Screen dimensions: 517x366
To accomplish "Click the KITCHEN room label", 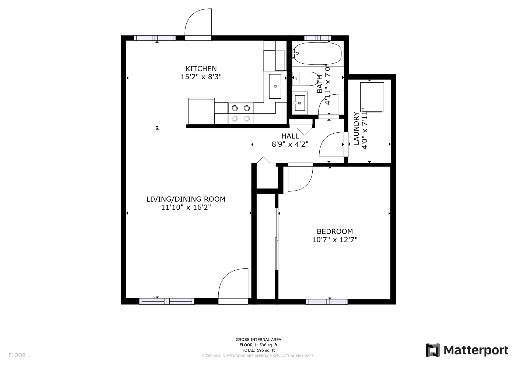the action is coord(201,69).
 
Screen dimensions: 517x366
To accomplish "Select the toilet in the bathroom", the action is coord(305,79).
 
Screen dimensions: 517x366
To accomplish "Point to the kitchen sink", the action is coord(275,86).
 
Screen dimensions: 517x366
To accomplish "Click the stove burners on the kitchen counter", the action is coord(241,113).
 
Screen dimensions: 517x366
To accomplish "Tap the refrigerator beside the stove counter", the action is coord(201,111).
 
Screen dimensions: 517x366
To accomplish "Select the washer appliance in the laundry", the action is coord(372,97).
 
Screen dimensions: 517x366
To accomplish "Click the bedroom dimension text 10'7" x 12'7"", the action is coord(335,240).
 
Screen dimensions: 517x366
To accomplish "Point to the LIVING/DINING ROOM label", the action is coord(186,199).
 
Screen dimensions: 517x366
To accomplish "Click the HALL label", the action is coord(290,136).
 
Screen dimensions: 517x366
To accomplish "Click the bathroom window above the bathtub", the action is coord(318,38).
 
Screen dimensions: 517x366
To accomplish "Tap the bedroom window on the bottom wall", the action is coord(327,302).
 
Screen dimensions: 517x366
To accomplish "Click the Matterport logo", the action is coord(467,350).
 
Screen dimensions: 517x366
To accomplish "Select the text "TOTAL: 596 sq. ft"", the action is coord(258,350).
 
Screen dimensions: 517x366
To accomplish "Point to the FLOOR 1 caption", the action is coord(19,355).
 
